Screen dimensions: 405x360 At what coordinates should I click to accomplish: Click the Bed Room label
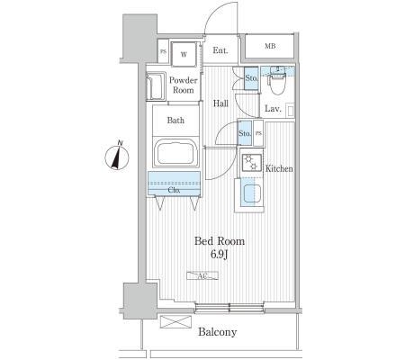220,241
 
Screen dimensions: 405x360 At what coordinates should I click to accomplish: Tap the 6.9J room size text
220,255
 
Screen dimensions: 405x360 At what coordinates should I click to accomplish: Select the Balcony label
218,332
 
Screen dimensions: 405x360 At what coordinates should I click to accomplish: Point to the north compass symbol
117,156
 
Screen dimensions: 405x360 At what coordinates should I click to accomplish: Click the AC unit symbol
202,275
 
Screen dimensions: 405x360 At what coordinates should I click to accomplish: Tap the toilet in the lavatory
277,80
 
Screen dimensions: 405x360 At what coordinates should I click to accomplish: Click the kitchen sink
251,193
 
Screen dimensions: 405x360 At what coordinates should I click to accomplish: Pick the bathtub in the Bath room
175,153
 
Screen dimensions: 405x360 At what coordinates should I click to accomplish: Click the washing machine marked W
184,54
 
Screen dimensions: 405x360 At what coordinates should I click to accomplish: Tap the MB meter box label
270,47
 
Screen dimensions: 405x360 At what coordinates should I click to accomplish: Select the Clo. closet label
174,190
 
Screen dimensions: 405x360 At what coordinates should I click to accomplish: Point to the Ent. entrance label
220,50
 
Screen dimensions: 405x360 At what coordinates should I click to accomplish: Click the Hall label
220,103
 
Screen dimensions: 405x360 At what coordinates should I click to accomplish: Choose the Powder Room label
184,85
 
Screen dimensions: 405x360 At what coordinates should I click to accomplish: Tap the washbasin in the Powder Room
156,87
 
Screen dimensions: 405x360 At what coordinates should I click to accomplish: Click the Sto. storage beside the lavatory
251,78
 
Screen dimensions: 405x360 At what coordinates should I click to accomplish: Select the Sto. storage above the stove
245,133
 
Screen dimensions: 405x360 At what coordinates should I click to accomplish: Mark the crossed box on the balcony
175,322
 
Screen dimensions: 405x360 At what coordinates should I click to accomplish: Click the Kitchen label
279,168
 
